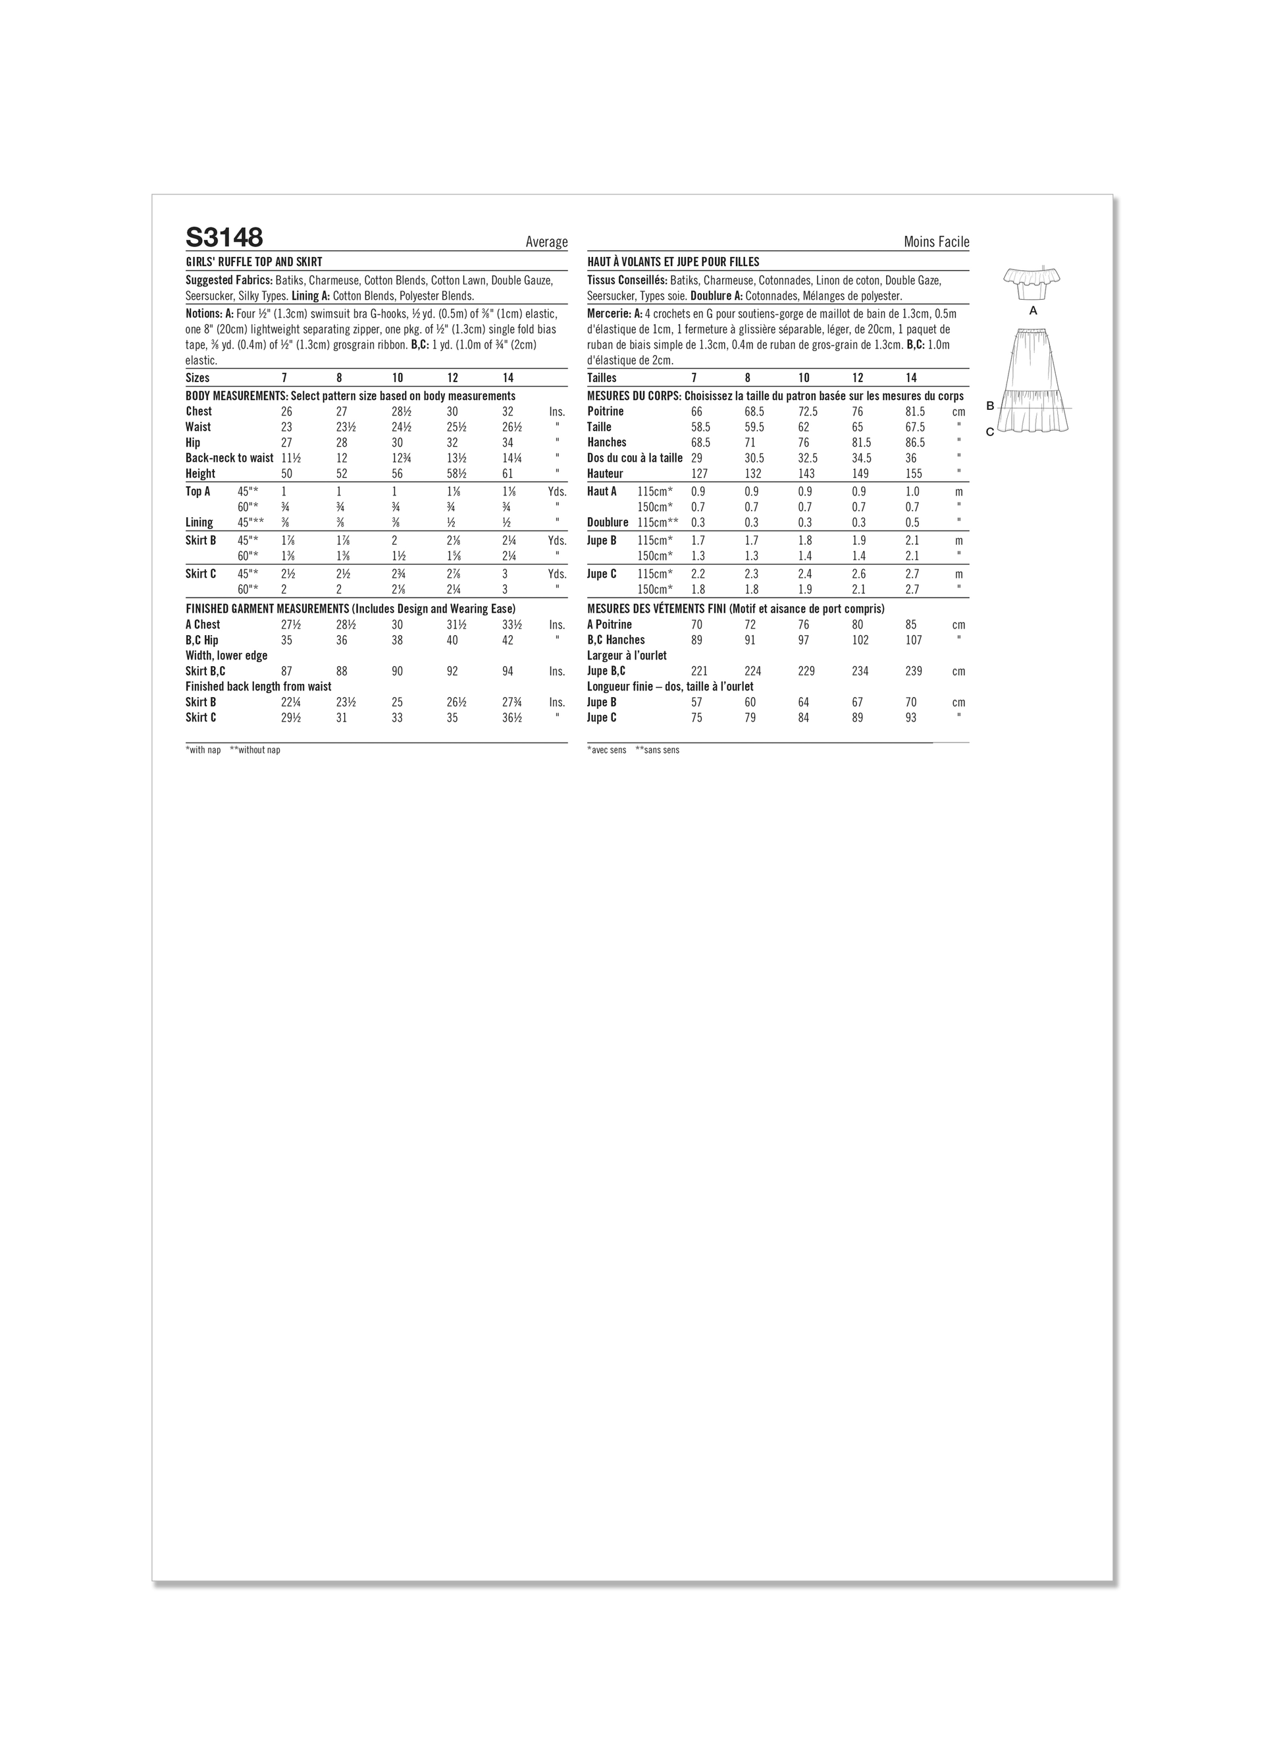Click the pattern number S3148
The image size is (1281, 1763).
[224, 237]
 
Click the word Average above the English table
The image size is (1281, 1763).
[546, 242]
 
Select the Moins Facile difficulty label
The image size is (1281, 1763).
[936, 242]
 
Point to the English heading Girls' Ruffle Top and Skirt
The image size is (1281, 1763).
[253, 262]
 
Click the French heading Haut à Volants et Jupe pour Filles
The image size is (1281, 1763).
[673, 262]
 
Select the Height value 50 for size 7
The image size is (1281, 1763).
[285, 474]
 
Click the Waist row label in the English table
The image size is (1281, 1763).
[198, 427]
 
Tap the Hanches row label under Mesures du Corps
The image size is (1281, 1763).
[607, 442]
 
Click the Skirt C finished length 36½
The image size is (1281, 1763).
[512, 717]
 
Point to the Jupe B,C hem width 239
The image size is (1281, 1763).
[914, 671]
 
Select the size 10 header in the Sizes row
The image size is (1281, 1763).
[397, 378]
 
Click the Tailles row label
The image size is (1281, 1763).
[603, 378]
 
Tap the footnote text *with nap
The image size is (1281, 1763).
[203, 750]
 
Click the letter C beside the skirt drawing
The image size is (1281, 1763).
[989, 432]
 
